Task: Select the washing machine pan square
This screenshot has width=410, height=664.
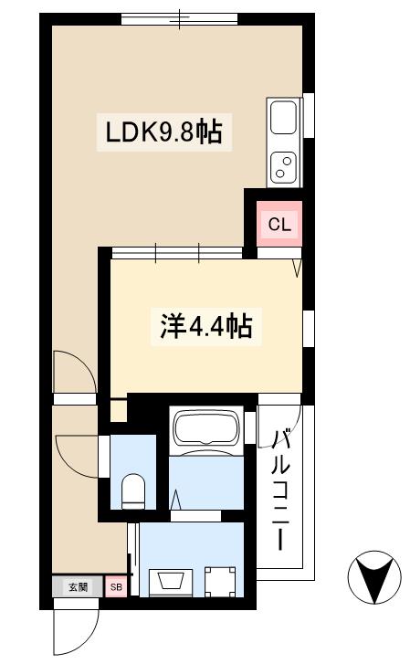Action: (220, 580)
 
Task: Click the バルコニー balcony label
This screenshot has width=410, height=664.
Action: (284, 488)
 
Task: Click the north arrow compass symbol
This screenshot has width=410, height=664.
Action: (374, 577)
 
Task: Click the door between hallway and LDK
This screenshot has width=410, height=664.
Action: (73, 373)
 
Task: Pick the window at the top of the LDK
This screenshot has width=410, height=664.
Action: (179, 17)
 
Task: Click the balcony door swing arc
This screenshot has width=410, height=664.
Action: (279, 404)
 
